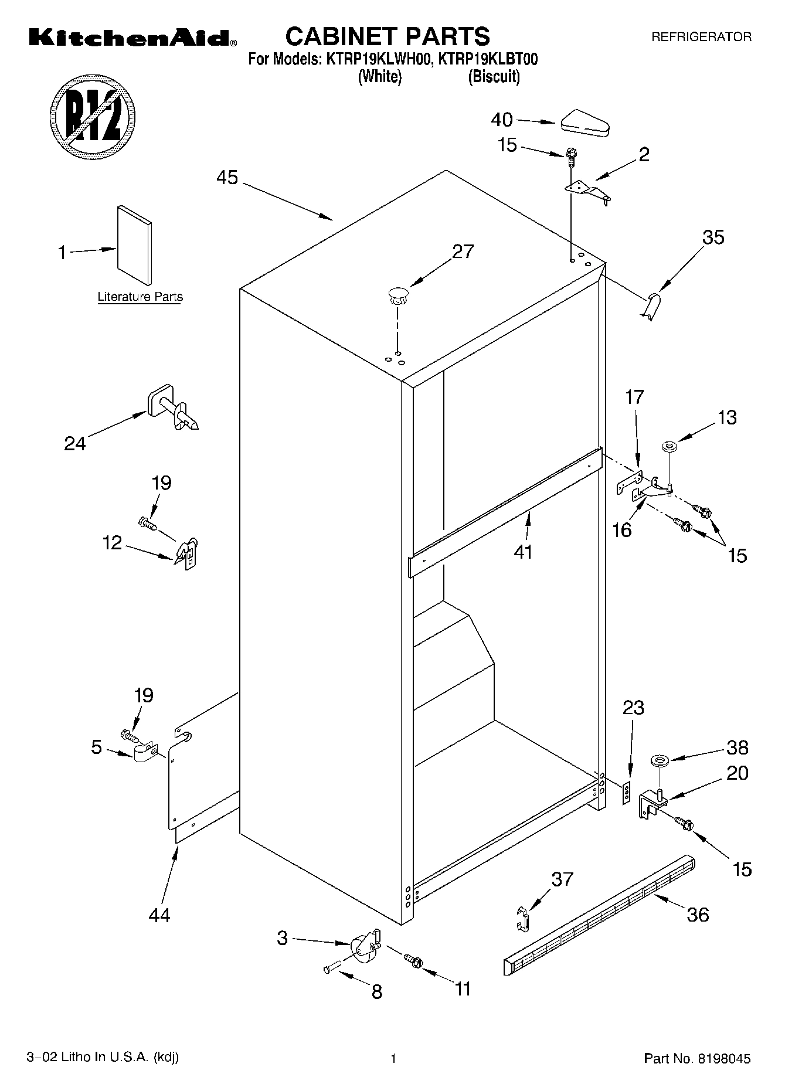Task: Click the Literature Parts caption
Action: click(140, 297)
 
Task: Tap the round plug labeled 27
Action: click(398, 295)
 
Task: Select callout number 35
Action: click(713, 237)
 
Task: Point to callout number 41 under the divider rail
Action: click(523, 552)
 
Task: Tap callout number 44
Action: click(159, 915)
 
